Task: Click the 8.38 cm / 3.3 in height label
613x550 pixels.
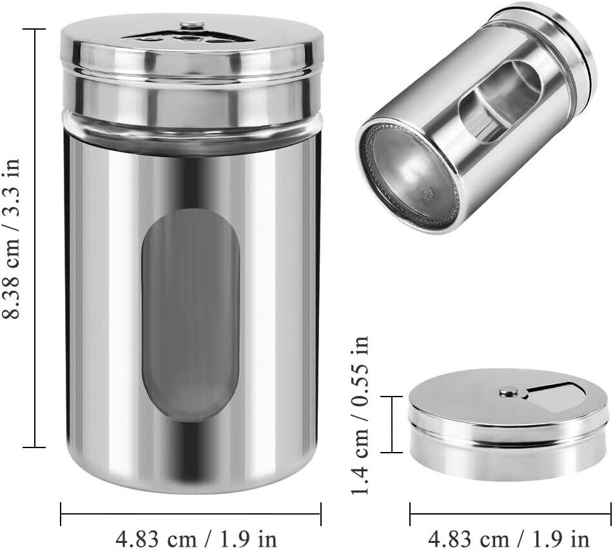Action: click(11, 238)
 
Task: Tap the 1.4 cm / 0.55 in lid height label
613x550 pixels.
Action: click(360, 415)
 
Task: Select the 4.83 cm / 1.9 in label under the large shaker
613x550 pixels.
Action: click(196, 539)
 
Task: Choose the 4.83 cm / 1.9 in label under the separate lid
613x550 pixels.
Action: click(509, 539)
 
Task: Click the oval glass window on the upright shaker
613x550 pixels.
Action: click(191, 315)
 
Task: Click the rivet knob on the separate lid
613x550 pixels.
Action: click(509, 390)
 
